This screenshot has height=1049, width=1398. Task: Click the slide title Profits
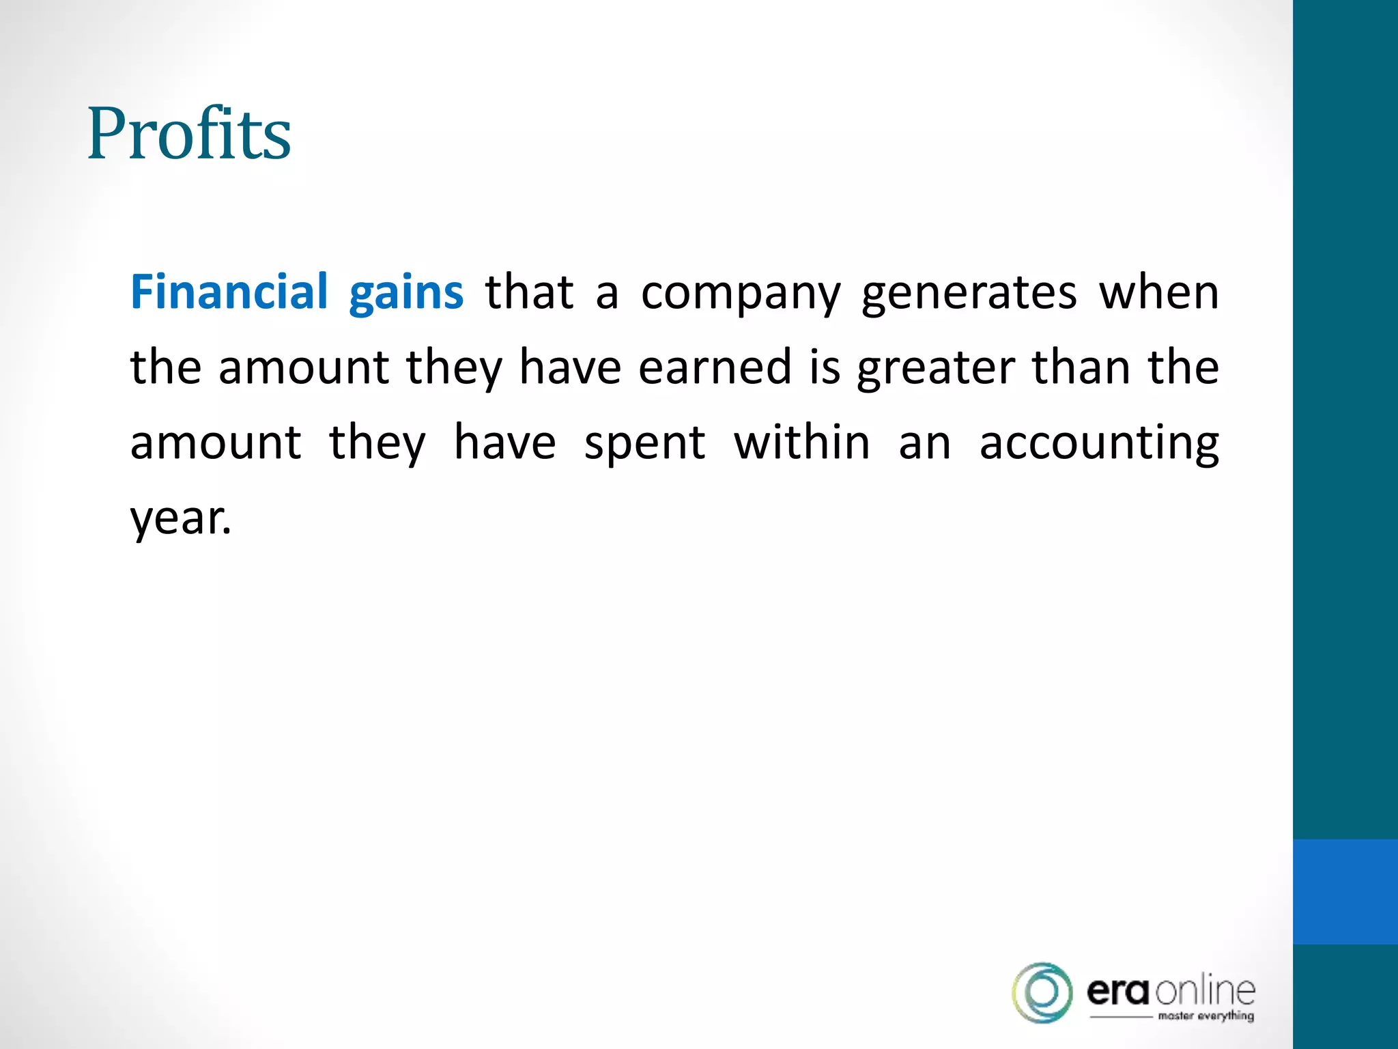click(189, 134)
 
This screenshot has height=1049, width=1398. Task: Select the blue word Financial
click(229, 292)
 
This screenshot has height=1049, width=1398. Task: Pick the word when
click(1158, 292)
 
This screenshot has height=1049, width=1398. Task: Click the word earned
click(714, 367)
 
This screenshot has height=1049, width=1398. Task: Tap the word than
click(1081, 367)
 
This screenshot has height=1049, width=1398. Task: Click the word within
click(802, 443)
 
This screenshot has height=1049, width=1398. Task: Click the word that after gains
click(529, 292)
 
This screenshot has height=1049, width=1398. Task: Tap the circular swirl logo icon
click(1042, 993)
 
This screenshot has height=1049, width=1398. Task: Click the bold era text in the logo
click(1118, 992)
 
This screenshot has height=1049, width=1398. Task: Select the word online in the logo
click(1206, 990)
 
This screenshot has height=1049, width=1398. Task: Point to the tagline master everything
click(1206, 1016)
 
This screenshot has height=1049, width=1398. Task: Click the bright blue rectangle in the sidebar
click(1345, 891)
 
